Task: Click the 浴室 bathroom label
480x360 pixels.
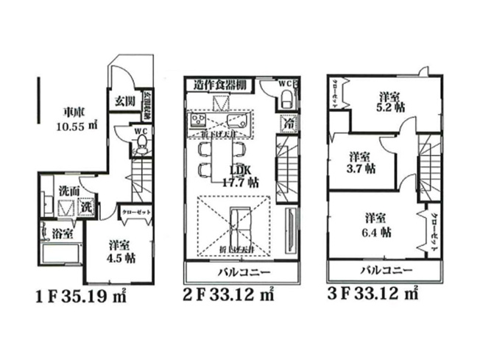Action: (x=62, y=234)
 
